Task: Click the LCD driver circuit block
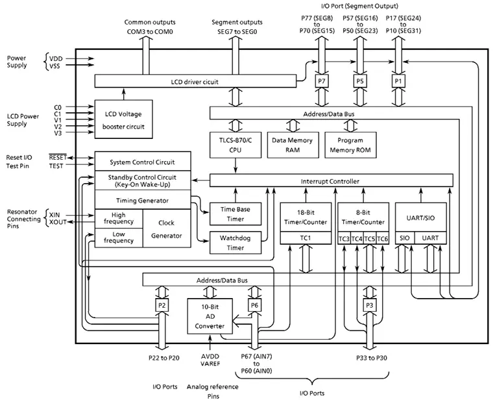coord(195,81)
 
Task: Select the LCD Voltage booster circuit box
coord(123,119)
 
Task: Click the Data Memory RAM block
coord(291,144)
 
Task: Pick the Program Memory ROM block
coord(350,144)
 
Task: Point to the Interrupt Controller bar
coord(330,181)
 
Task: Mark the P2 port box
coord(162,305)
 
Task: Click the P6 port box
coord(254,305)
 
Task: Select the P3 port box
coord(370,305)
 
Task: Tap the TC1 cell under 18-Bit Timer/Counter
coord(306,238)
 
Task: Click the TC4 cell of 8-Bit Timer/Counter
coord(357,238)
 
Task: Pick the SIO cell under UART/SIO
coord(405,238)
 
